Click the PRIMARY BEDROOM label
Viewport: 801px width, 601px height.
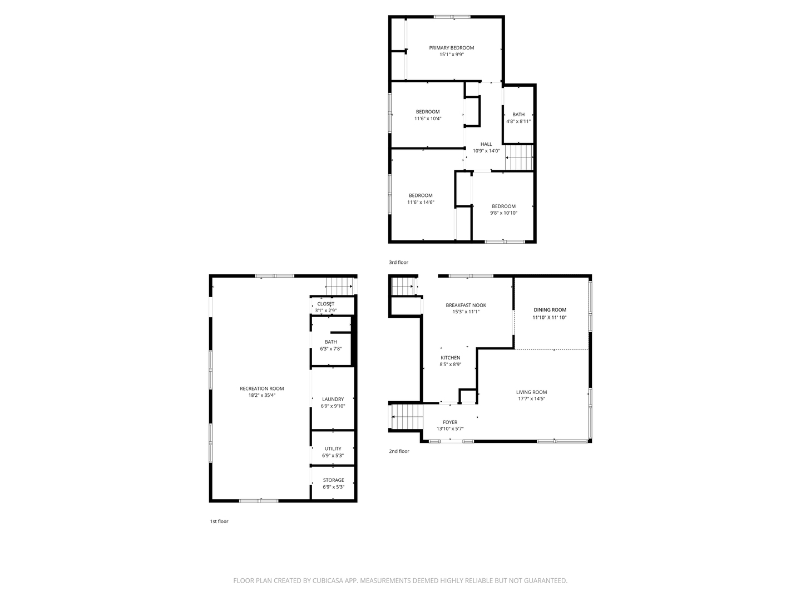tap(451, 48)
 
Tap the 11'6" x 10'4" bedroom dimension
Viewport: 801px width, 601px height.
tap(428, 119)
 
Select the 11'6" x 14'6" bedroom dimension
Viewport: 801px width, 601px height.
tap(421, 203)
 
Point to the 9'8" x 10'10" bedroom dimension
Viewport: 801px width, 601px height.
tap(503, 213)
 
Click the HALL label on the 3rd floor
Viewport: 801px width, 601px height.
tap(486, 144)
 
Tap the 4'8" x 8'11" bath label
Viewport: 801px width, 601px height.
tap(518, 118)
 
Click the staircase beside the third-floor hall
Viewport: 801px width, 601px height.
tap(520, 157)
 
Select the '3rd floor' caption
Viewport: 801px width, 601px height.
tap(398, 262)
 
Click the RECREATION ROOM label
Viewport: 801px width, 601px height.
tap(261, 388)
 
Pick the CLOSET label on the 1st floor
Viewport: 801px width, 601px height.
tap(326, 304)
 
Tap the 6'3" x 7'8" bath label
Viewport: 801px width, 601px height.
tap(330, 346)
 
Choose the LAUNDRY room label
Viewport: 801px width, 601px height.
tap(333, 399)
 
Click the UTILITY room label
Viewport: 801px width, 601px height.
tap(333, 449)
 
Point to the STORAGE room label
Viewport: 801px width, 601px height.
tap(333, 480)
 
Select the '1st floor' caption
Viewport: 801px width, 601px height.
tap(219, 521)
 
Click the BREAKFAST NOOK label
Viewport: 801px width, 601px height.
tap(466, 305)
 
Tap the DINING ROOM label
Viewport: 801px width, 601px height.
tap(550, 310)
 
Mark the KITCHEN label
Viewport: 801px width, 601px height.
tap(450, 358)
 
